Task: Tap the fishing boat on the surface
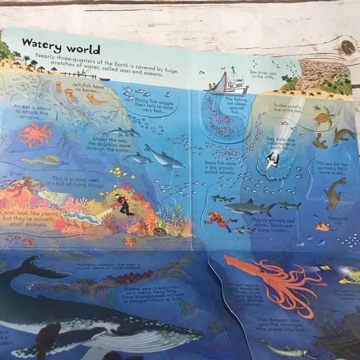[230, 81]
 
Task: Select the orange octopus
[35, 133]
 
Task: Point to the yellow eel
[43, 160]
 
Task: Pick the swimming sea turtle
[323, 117]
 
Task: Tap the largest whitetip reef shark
[248, 207]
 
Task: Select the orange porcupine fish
[322, 227]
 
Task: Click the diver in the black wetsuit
[124, 205]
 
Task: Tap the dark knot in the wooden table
[346, 47]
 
